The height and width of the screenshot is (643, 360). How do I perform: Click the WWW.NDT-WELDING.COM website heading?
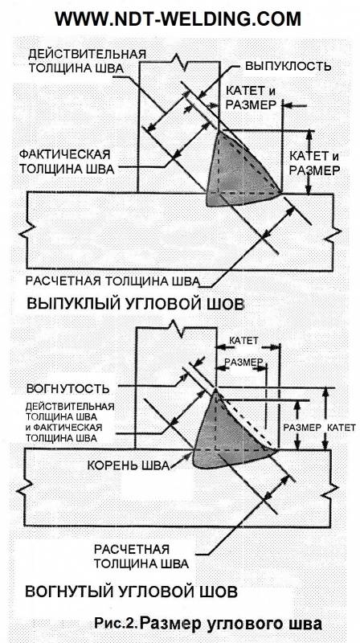click(x=178, y=18)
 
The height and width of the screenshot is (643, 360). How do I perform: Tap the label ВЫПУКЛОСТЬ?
click(x=288, y=67)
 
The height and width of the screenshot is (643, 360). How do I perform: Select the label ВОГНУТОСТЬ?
click(x=67, y=388)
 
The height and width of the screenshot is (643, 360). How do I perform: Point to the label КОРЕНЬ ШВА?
click(x=129, y=466)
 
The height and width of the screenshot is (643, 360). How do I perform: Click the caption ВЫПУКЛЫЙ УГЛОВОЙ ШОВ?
click(x=135, y=305)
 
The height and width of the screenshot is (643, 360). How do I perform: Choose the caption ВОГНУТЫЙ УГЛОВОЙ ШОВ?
click(x=131, y=592)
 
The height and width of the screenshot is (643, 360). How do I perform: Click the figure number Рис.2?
click(x=114, y=624)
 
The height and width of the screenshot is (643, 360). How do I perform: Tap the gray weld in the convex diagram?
click(x=238, y=172)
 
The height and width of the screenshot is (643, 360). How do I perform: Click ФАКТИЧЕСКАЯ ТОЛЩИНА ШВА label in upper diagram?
click(x=67, y=162)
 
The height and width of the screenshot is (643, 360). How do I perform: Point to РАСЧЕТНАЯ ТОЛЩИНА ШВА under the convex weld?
click(x=112, y=281)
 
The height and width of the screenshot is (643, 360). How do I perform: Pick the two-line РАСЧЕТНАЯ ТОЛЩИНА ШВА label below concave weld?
click(x=141, y=555)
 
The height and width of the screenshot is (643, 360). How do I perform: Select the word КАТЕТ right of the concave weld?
click(x=342, y=428)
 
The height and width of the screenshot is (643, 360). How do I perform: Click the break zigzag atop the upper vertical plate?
click(x=179, y=61)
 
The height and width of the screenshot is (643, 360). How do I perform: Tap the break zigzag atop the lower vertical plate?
click(x=176, y=328)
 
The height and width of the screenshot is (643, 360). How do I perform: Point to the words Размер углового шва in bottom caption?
click(x=231, y=625)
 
